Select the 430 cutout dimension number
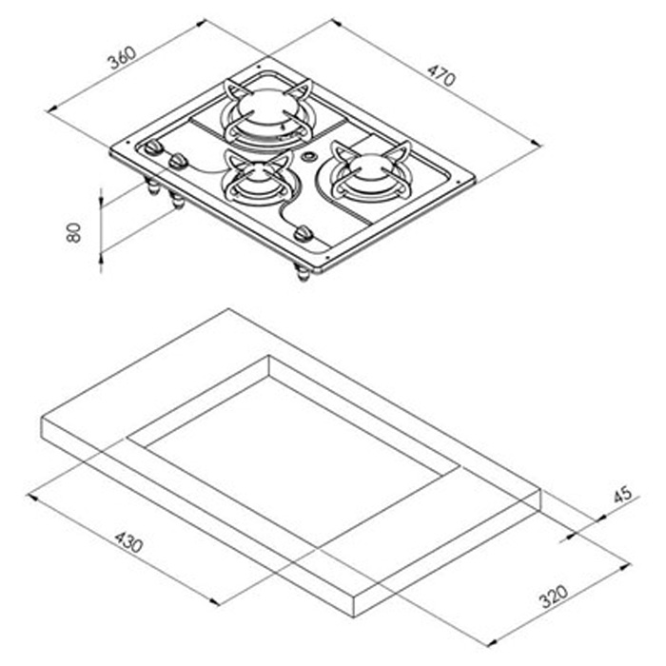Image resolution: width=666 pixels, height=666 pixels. coord(129,542)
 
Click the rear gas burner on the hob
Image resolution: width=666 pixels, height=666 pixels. coord(266,111)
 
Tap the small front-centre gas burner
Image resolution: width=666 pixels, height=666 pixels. coord(251,178)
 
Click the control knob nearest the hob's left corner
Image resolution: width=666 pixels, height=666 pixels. coord(152,150)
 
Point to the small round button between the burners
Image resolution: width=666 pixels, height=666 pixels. coord(309,157)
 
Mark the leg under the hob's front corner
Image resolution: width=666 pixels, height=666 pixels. coord(303,274)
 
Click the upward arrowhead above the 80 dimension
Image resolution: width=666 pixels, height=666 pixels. coord(102,193)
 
